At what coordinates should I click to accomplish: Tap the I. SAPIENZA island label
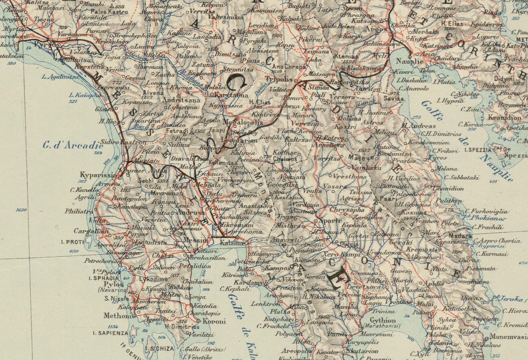pos(110,333)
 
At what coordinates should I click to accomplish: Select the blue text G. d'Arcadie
pos(68,145)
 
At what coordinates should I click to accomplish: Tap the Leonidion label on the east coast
pos(448,188)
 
